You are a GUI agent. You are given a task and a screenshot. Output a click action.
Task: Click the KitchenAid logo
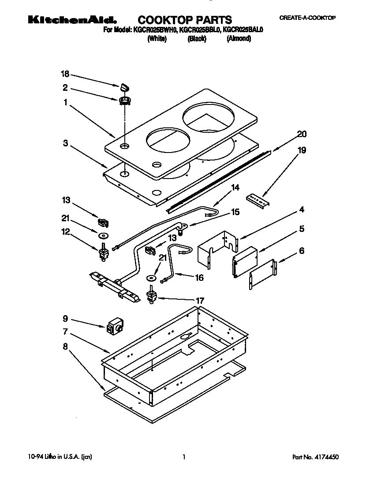(73, 20)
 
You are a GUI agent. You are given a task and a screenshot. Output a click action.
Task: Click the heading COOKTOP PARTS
(185, 20)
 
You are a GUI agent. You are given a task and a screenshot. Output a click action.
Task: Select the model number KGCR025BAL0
(243, 30)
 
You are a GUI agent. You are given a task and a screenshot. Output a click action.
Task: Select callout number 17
(200, 301)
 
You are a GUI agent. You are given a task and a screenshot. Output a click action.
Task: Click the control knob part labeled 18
(125, 86)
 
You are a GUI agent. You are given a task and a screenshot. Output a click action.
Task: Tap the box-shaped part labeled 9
(115, 326)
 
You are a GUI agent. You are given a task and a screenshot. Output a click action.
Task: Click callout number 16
(199, 277)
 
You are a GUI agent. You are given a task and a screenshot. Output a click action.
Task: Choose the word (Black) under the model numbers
(197, 39)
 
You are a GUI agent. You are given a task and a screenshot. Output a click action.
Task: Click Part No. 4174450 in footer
(316, 458)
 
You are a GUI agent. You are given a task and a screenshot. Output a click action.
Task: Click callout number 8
(65, 346)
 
